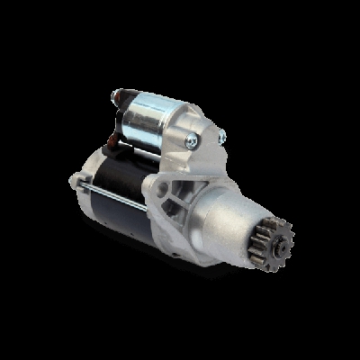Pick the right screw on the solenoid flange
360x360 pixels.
220,137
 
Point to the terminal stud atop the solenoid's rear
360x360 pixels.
116,93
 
